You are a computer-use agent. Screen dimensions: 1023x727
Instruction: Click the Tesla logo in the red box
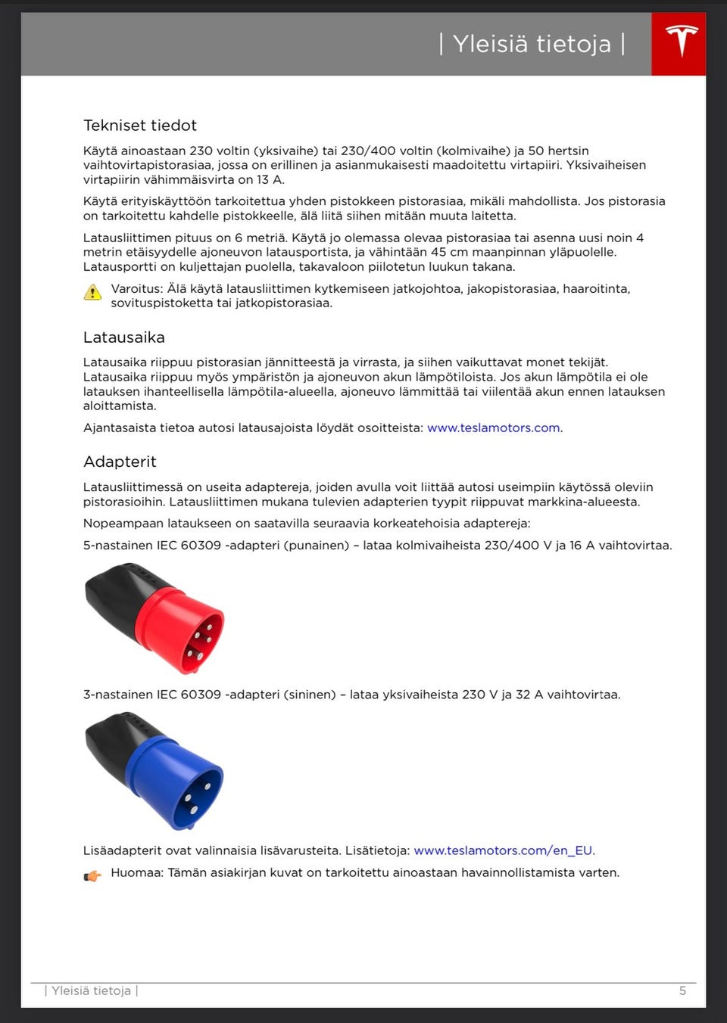pos(681,42)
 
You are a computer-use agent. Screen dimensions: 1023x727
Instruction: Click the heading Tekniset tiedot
pos(140,126)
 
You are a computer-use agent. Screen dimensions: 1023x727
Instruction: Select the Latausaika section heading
pos(124,337)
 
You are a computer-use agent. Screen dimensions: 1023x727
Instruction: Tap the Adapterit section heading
pos(120,462)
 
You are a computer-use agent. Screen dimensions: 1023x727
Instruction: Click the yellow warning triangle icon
pos(92,293)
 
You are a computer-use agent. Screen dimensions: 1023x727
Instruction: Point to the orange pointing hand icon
pos(92,876)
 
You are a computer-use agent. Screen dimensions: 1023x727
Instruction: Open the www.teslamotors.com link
pos(494,428)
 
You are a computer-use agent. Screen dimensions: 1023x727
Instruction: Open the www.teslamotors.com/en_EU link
pos(503,850)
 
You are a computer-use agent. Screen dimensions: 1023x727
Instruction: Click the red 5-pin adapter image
pos(155,618)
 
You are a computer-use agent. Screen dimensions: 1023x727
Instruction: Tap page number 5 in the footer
pos(682,990)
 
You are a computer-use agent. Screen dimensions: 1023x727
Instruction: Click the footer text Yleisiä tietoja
pos(91,990)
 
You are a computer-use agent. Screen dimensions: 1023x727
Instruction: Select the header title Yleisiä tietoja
pos(532,44)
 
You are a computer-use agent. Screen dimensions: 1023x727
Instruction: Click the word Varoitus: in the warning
pos(137,288)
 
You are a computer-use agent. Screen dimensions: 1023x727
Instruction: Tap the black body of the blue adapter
pos(112,742)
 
